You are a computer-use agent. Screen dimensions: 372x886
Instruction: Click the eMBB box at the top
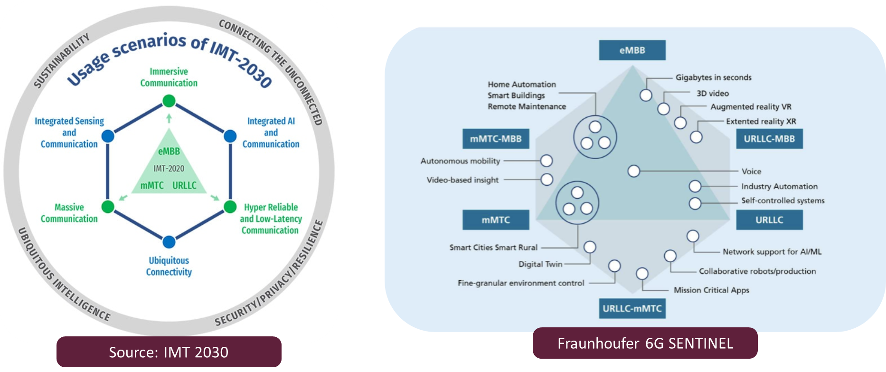632,50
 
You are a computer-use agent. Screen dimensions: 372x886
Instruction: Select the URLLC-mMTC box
632,308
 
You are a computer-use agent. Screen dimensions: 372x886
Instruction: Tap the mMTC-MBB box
496,139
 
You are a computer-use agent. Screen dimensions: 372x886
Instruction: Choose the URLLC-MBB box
769,139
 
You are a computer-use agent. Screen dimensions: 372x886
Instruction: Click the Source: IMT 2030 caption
169,352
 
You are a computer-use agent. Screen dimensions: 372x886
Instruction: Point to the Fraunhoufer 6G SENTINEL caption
645,343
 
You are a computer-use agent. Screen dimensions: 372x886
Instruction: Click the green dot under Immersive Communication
169,101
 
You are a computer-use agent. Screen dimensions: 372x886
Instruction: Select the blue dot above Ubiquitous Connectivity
169,242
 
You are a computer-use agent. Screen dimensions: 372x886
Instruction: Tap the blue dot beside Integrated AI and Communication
230,136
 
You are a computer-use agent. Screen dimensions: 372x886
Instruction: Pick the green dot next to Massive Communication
108,207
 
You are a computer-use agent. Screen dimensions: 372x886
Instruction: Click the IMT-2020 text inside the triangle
169,168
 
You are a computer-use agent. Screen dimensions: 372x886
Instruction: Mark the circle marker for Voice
633,171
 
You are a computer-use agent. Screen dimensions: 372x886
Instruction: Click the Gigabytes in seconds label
713,77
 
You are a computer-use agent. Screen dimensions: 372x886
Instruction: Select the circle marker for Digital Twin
590,247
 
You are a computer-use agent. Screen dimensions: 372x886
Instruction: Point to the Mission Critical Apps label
711,290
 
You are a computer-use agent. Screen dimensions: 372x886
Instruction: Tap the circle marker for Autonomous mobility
547,161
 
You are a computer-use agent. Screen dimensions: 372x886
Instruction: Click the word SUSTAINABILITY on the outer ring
61,60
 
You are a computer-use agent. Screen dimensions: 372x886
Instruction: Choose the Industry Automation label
779,186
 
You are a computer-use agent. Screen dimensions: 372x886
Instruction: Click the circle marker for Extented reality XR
696,137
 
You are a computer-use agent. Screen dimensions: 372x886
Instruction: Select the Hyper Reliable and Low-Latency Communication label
271,219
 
